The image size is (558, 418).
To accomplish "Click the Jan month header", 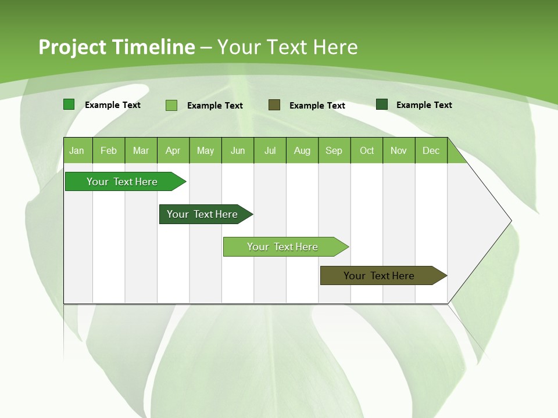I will coord(77,150).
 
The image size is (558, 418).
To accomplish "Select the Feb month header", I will coord(109,150).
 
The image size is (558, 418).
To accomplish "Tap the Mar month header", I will coord(141,150).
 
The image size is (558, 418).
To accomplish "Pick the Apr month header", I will coord(173,150).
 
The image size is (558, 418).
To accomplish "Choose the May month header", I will coord(205,150).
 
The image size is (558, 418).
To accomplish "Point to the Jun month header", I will coord(238,150).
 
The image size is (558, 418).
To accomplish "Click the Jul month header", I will coord(270,150).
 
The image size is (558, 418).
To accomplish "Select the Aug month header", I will coord(302,150).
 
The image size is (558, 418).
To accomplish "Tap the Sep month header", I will coord(334,150).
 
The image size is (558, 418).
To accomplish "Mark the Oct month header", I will coord(367,150).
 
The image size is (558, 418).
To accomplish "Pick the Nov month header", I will coord(399,150).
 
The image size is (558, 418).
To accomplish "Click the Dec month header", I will coord(431,150).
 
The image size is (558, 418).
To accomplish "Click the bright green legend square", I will coord(69,105).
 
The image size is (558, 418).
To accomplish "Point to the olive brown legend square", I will coord(274,105).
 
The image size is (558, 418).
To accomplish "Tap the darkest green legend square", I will coord(382,105).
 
